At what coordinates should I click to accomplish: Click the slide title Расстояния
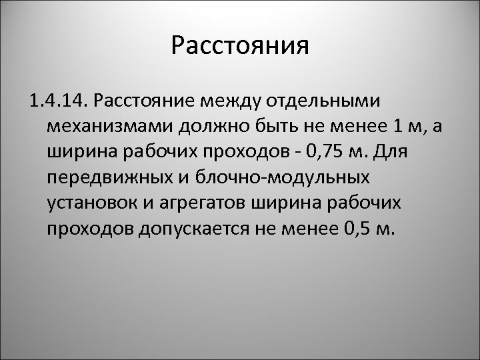(240, 46)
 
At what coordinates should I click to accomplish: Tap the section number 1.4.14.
(58, 101)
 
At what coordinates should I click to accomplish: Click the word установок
(93, 203)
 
